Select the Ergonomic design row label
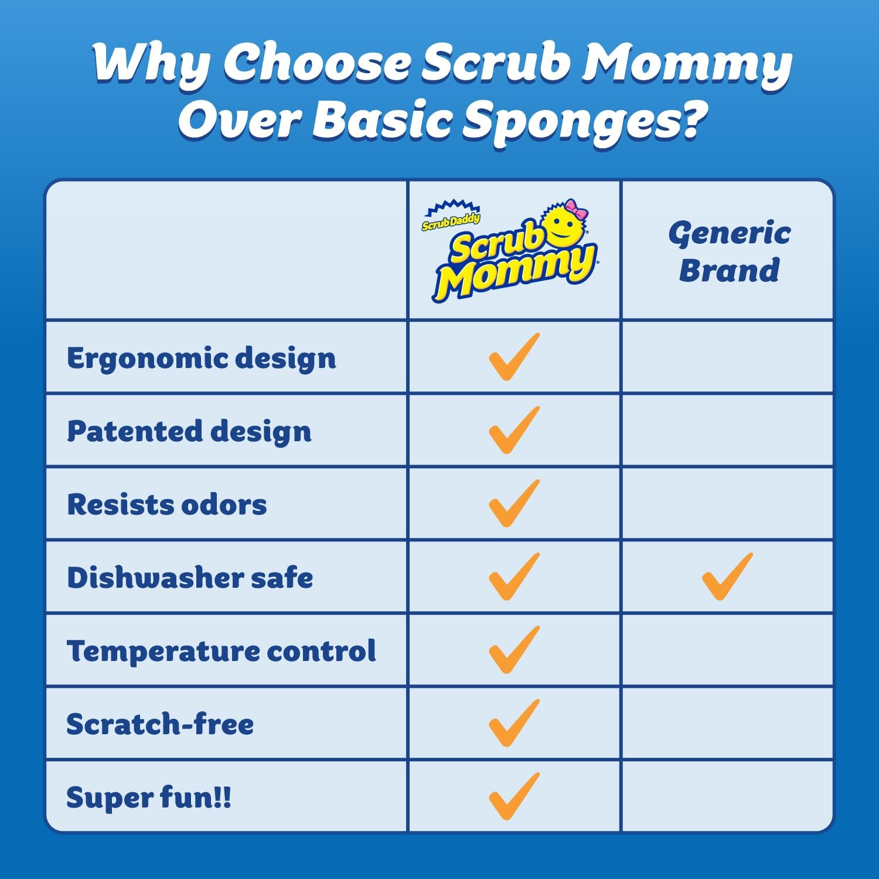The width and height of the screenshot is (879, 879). pos(202,358)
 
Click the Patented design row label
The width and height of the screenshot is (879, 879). pos(189,431)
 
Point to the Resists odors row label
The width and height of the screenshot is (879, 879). pos(167,505)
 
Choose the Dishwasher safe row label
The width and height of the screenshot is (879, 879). pos(190,578)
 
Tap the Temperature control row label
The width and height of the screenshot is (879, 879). pos(222,651)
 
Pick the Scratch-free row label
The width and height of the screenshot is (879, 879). pos(160,724)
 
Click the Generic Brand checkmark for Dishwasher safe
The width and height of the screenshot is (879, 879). pos(727,577)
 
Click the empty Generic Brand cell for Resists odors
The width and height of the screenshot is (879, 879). pos(727,504)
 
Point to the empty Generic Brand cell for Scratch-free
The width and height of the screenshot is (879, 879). pos(727,724)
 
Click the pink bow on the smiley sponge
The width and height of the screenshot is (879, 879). pos(576,210)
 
